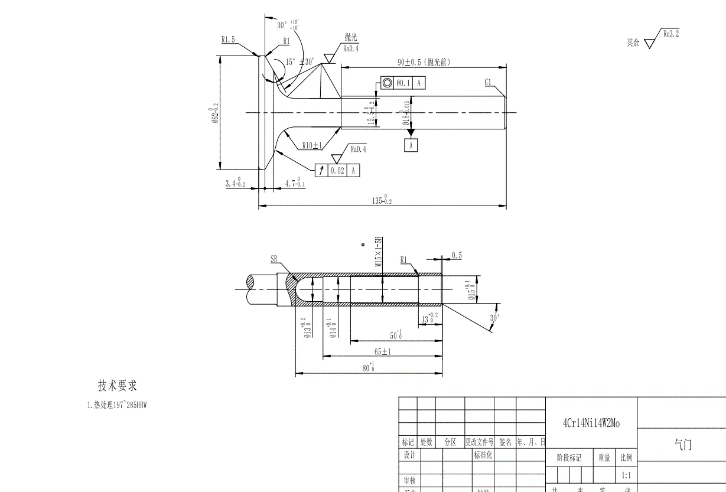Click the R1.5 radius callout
click(228, 40)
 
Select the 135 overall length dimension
click(382, 200)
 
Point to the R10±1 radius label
click(311, 145)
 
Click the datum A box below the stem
click(411, 145)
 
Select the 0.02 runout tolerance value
click(337, 171)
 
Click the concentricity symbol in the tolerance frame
click(387, 83)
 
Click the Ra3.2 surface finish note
click(671, 34)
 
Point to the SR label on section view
click(274, 259)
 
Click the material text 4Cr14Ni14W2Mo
click(591, 423)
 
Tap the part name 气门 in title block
click(682, 445)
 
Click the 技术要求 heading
click(117, 386)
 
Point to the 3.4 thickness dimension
click(235, 183)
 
